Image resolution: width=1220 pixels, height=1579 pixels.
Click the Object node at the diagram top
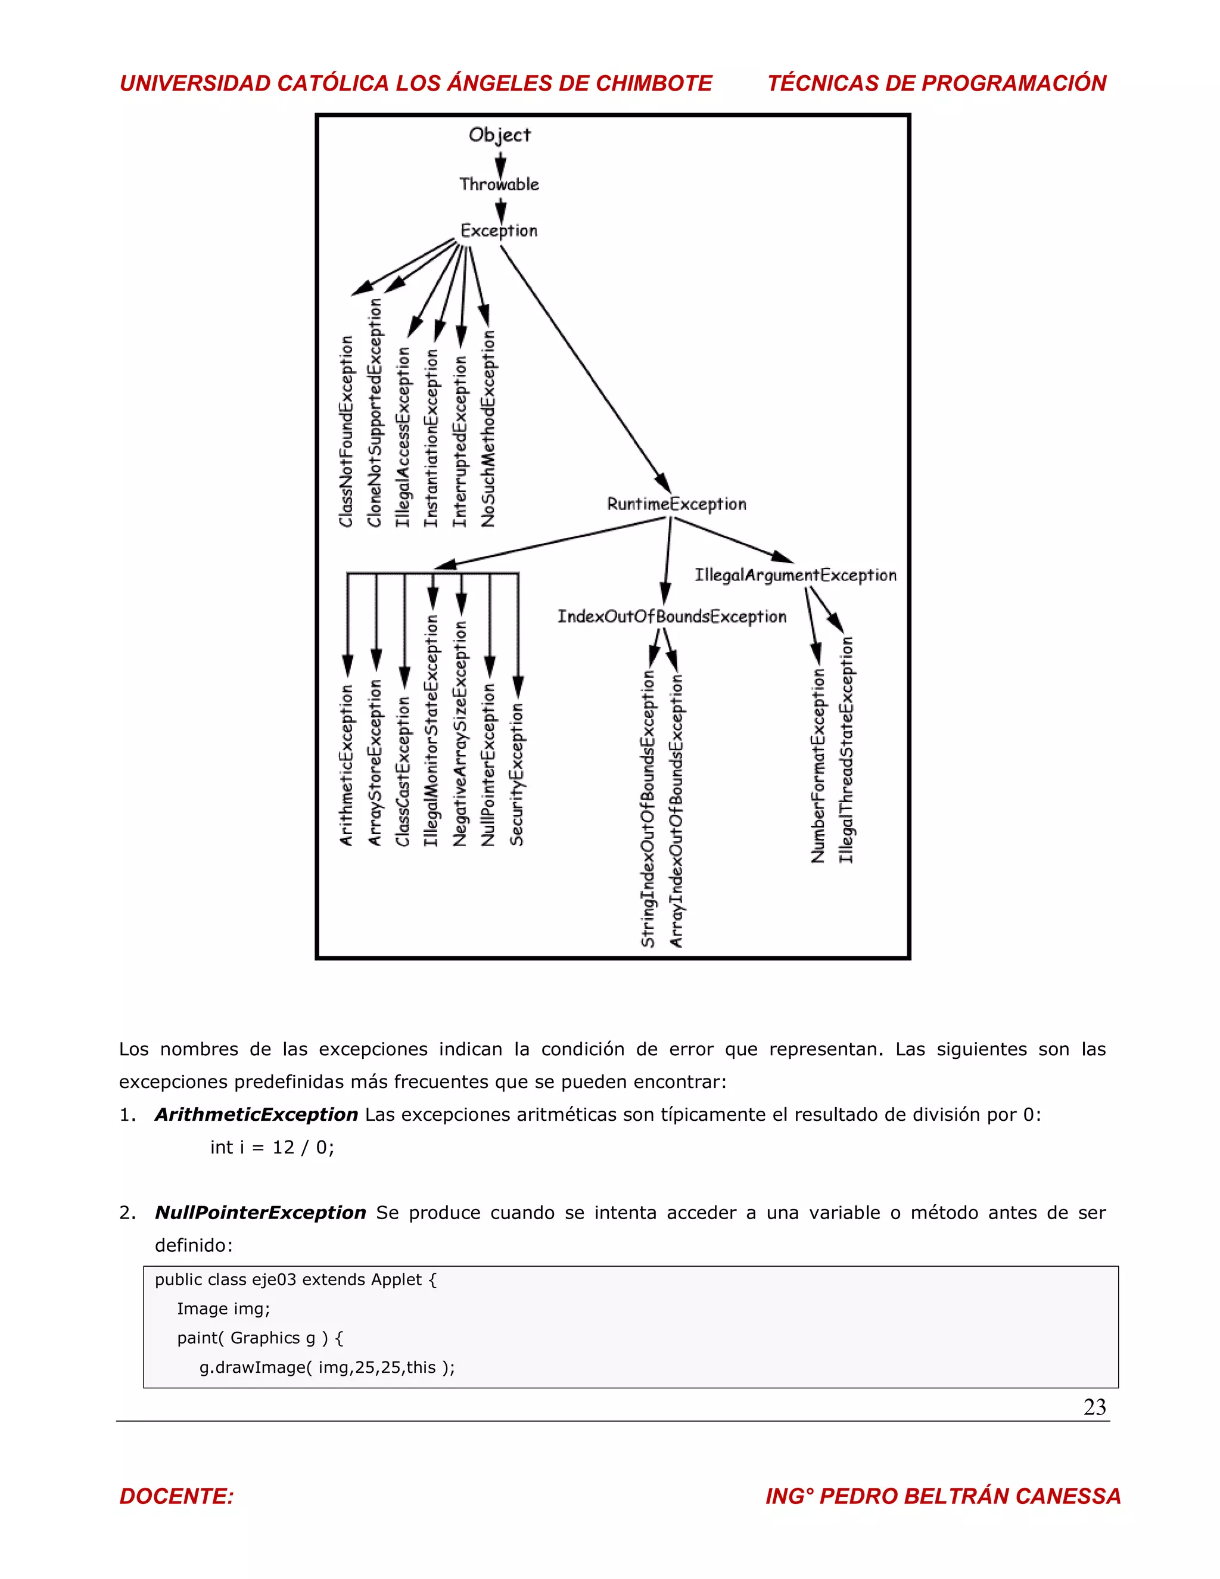(499, 135)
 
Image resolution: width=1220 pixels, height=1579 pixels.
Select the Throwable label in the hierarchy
(499, 184)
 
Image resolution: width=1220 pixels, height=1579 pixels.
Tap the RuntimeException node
(677, 504)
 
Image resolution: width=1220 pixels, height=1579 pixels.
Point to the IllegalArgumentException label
(796, 575)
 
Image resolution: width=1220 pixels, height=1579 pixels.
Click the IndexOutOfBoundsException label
(671, 617)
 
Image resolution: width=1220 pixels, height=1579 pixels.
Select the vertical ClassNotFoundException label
(347, 431)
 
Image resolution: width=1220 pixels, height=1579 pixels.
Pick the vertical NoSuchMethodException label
(488, 430)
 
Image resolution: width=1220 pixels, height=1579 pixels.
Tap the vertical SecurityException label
(516, 773)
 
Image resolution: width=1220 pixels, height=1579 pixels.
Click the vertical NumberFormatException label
(818, 766)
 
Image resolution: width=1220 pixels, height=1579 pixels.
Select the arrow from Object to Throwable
(500, 163)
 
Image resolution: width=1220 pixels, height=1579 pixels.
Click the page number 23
(1094, 1407)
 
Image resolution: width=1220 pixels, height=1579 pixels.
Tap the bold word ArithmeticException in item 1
(257, 1115)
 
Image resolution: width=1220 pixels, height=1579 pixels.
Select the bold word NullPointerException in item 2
(260, 1213)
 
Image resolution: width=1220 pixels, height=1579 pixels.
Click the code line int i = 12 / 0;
(272, 1148)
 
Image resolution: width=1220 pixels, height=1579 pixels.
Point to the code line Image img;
(223, 1308)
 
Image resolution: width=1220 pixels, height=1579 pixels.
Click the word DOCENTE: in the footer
(177, 1496)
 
